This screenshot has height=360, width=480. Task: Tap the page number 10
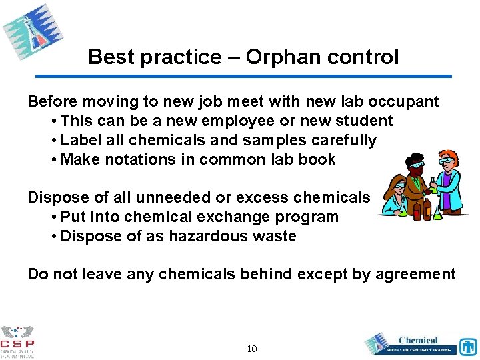point(252,349)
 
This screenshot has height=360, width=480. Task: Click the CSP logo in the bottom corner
point(17,341)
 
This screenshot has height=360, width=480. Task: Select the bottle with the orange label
point(426,211)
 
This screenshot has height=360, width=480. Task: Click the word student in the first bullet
point(365,121)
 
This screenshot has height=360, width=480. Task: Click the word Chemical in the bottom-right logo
point(418,340)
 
